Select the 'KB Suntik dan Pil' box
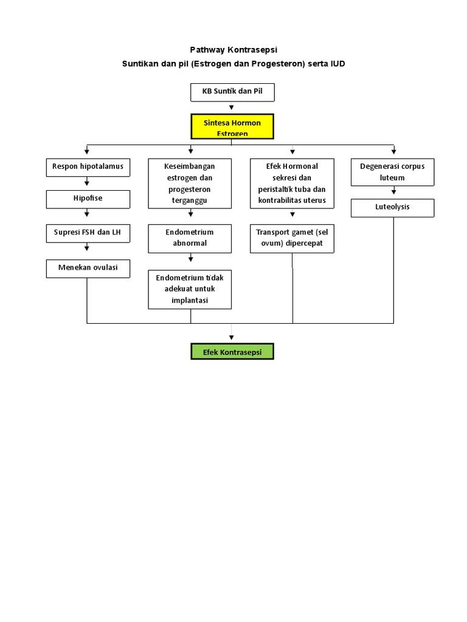[232, 92]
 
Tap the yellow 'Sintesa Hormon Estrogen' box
[232, 127]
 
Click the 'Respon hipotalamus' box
[88, 167]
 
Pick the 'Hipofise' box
[88, 199]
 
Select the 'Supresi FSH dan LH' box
[88, 233]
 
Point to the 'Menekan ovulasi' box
[88, 268]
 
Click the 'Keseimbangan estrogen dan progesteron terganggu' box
[190, 183]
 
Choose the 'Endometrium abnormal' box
[190, 238]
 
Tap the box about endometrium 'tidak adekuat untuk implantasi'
[190, 289]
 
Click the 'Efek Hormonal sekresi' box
[292, 183]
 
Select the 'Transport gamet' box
[292, 238]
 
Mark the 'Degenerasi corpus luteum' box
[392, 171]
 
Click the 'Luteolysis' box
[392, 208]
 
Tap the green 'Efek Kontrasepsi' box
[232, 352]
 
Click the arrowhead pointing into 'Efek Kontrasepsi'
[232, 338]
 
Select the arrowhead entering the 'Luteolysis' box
[393, 194]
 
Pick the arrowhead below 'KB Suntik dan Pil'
[232, 108]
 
